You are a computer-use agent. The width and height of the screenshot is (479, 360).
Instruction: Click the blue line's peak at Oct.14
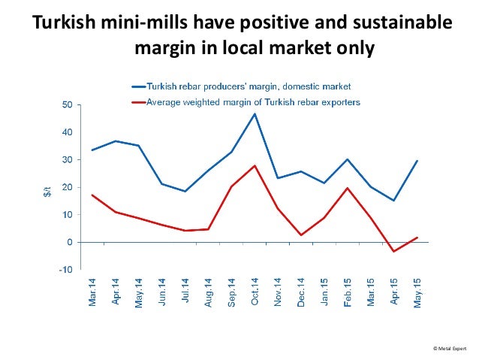coord(255,114)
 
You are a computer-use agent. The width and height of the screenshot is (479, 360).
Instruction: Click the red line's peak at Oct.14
coord(255,165)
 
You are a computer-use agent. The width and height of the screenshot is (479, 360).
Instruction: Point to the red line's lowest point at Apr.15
coord(393,251)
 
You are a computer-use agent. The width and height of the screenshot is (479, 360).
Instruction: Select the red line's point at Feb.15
coord(347,188)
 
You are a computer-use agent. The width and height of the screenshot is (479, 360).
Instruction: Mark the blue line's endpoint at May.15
coord(417,161)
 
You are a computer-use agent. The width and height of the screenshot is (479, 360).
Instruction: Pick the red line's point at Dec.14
coord(301,235)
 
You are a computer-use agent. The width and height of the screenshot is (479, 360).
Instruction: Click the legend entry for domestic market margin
coord(249,86)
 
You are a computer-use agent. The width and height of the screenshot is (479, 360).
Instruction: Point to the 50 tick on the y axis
coord(67,104)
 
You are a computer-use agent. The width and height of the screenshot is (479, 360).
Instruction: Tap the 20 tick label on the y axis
coord(67,187)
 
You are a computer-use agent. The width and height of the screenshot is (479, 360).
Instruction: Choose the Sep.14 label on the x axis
coord(232,295)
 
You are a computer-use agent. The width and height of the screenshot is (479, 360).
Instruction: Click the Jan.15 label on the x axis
coord(324,295)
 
